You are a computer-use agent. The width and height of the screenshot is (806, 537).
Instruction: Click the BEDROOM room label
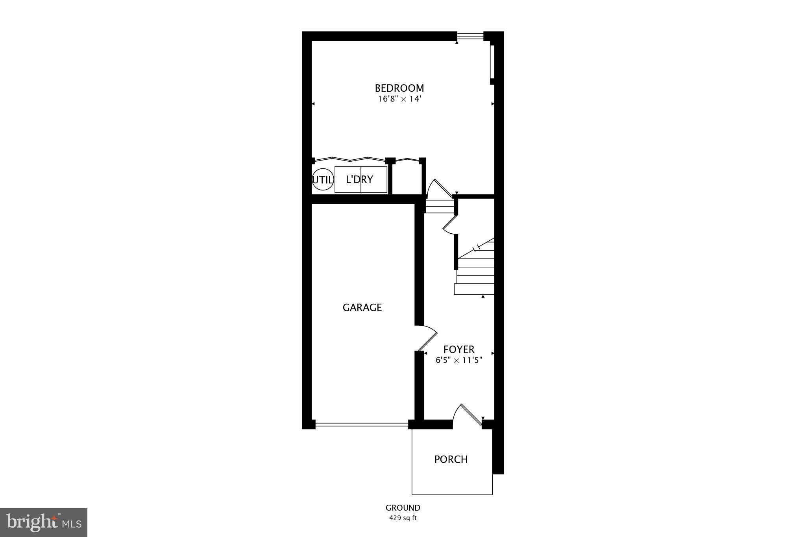(x=399, y=88)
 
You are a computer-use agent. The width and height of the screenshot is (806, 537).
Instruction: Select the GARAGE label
(x=362, y=308)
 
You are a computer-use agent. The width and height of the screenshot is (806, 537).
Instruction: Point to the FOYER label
(x=459, y=349)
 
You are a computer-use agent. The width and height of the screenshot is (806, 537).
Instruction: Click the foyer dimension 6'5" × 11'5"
(x=459, y=360)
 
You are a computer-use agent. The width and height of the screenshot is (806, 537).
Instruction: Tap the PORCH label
(x=451, y=459)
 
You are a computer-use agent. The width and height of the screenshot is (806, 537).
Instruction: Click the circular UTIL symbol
(x=323, y=180)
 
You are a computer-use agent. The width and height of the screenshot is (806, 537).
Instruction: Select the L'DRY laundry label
(x=360, y=180)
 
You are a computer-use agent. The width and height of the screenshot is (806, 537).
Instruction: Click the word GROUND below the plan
(x=403, y=508)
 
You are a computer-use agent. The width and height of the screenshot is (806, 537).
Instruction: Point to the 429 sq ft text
(x=403, y=518)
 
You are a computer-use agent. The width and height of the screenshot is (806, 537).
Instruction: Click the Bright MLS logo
(x=44, y=522)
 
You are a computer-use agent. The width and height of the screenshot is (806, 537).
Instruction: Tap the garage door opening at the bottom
(x=362, y=424)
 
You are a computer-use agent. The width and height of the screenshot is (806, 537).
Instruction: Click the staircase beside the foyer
(x=475, y=271)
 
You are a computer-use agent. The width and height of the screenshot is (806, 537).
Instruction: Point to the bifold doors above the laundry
(x=350, y=160)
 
